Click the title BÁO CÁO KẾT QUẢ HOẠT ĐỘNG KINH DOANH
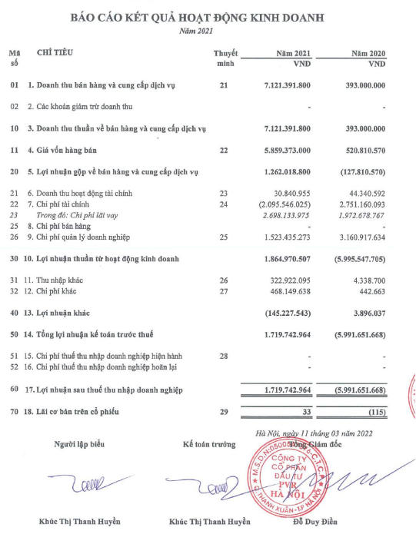(x=208, y=15)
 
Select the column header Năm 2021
(x=292, y=54)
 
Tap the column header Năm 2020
(x=367, y=54)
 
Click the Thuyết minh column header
(x=225, y=58)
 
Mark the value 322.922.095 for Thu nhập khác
(x=285, y=281)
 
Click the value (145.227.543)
(x=283, y=313)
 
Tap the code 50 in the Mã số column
(x=14, y=335)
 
